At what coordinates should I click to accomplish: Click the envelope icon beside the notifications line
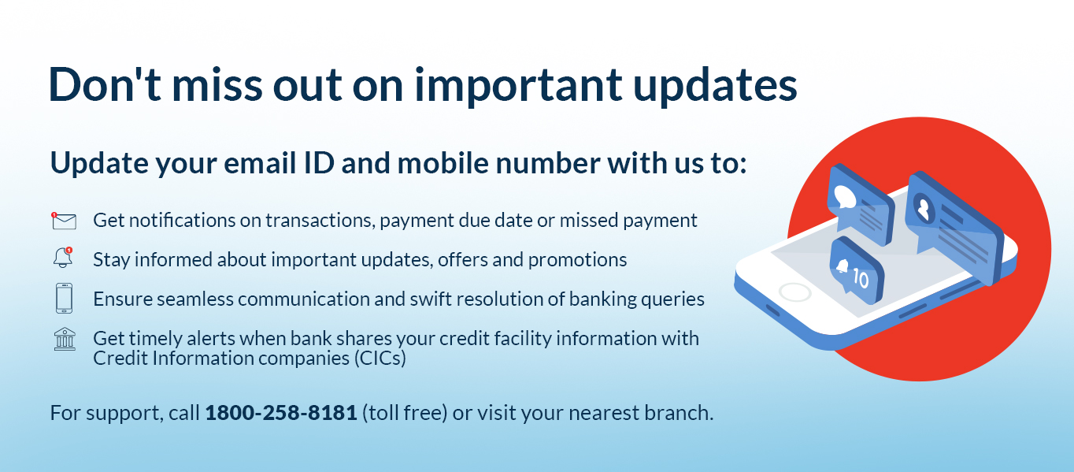(64, 221)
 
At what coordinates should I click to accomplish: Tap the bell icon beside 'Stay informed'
(63, 258)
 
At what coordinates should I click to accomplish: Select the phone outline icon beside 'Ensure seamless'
(65, 299)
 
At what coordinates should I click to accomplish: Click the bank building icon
(65, 340)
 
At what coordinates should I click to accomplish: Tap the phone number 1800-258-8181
(281, 413)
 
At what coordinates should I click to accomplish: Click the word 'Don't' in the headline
(105, 84)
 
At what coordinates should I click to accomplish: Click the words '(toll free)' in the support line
(405, 413)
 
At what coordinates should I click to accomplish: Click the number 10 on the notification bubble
(861, 278)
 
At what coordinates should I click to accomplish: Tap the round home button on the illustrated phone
(795, 292)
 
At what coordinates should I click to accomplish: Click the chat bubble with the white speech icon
(861, 204)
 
